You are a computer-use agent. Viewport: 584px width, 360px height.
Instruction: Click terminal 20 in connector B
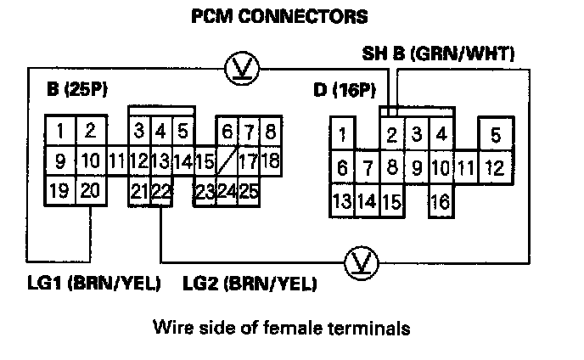pyautogui.click(x=89, y=190)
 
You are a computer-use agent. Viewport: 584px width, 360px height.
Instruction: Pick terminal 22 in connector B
pyautogui.click(x=161, y=191)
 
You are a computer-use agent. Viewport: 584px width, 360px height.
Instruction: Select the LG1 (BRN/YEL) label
pyautogui.click(x=94, y=283)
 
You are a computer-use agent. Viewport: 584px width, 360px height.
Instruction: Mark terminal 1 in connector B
pyautogui.click(x=60, y=132)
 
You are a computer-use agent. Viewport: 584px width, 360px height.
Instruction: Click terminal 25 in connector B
pyautogui.click(x=248, y=190)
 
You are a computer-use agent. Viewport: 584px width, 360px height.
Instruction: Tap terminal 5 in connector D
pyautogui.click(x=496, y=135)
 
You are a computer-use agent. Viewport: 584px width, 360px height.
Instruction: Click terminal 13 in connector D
pyautogui.click(x=342, y=202)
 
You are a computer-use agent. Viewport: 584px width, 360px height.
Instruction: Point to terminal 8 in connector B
pyautogui.click(x=270, y=132)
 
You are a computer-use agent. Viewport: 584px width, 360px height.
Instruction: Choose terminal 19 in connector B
pyautogui.click(x=59, y=190)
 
